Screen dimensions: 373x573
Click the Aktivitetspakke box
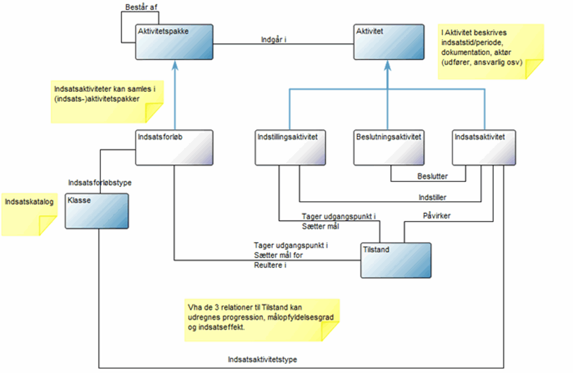pyautogui.click(x=174, y=42)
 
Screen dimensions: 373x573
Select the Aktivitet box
pyautogui.click(x=389, y=42)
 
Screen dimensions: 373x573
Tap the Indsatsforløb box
pyautogui.click(x=174, y=148)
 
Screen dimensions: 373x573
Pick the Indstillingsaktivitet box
pyautogui.click(x=290, y=148)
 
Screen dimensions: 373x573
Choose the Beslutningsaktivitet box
pyautogui.click(x=389, y=148)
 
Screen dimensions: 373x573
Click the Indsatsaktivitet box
pyautogui.click(x=483, y=148)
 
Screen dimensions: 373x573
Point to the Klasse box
pyautogui.click(x=97, y=211)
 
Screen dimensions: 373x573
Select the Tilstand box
pyautogui.click(x=395, y=260)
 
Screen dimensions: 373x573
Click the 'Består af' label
pyautogui.click(x=141, y=7)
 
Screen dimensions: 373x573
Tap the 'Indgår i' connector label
pyautogui.click(x=274, y=40)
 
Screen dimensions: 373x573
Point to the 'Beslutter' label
pyautogui.click(x=432, y=176)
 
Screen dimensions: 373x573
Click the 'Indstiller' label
pyautogui.click(x=432, y=197)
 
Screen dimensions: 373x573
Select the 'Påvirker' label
pyautogui.click(x=437, y=216)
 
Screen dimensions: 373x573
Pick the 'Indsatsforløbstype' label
pyautogui.click(x=100, y=183)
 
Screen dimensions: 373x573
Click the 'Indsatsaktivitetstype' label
pyautogui.click(x=262, y=359)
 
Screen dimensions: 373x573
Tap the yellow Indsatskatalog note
pyautogui.click(x=29, y=214)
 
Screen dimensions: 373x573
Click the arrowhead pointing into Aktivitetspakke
pyautogui.click(x=175, y=65)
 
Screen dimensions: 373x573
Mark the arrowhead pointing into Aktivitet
pyautogui.click(x=387, y=65)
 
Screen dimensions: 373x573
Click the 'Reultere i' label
pyautogui.click(x=270, y=265)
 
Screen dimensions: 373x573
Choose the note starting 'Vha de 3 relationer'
pyautogui.click(x=261, y=320)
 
